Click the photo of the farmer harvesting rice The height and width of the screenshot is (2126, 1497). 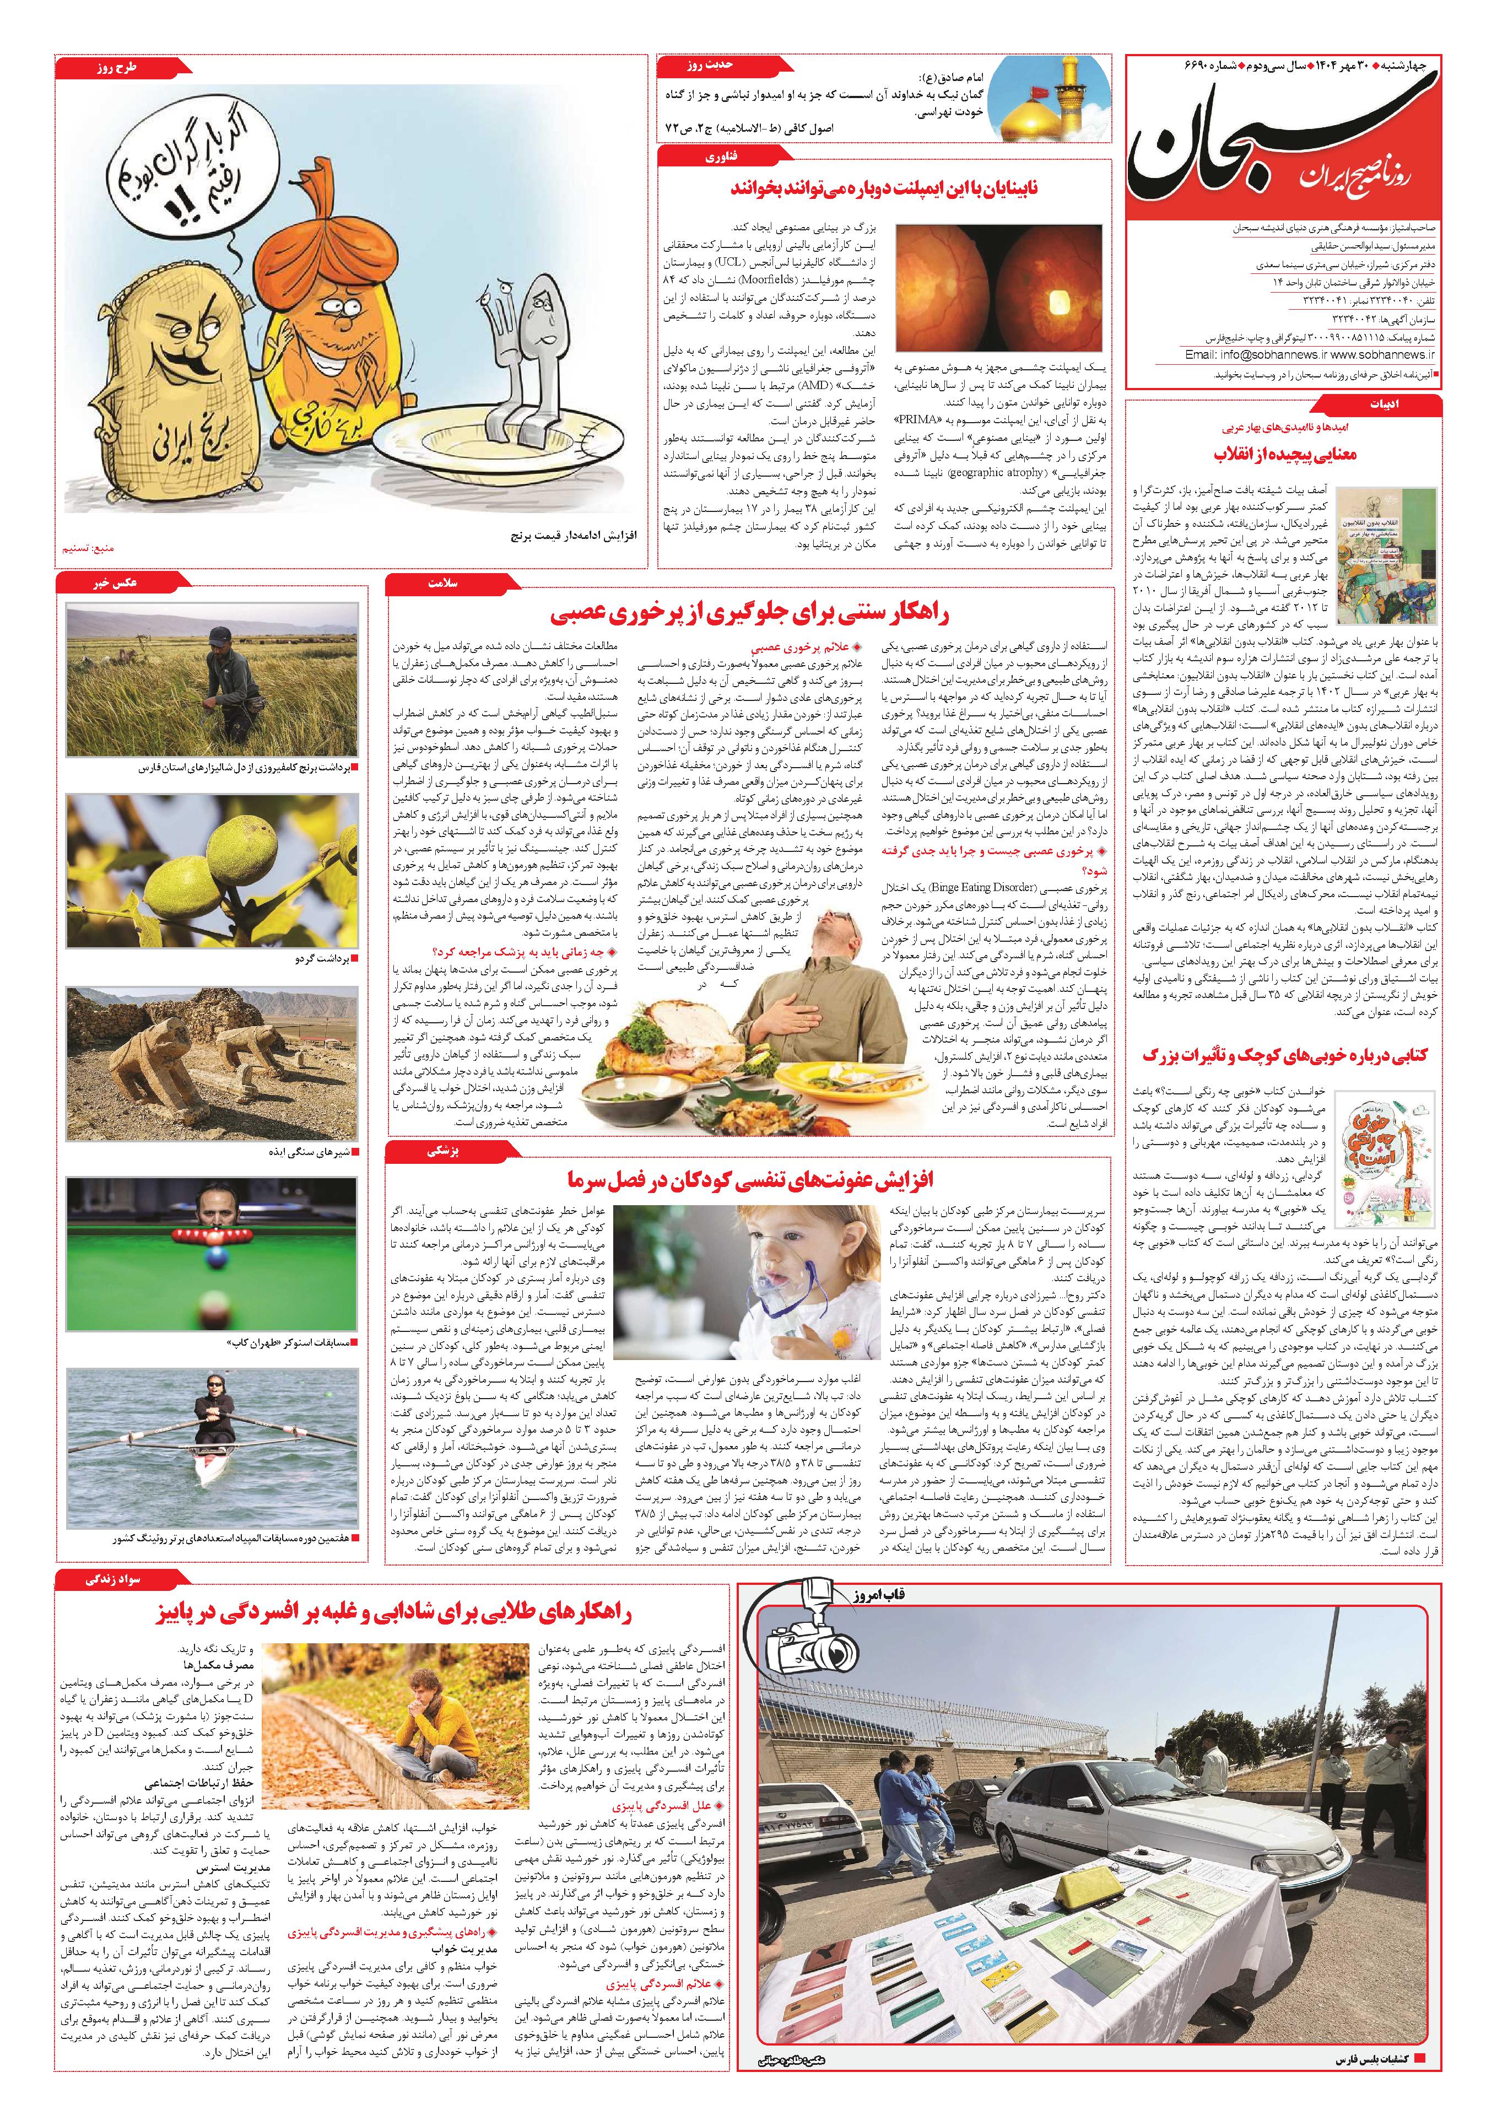click(x=213, y=681)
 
